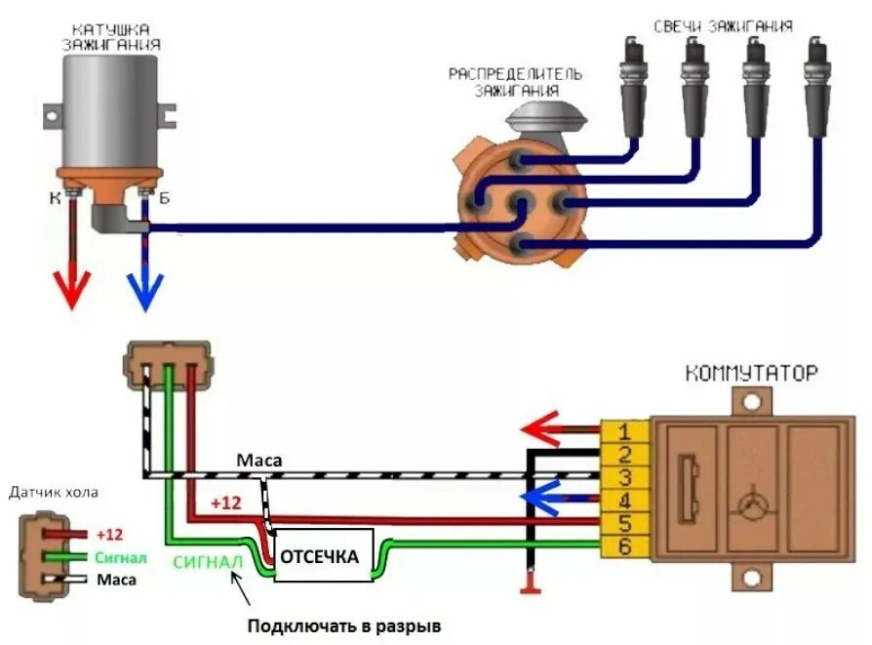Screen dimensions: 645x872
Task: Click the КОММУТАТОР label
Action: click(751, 373)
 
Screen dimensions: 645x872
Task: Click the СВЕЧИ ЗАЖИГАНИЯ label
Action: click(722, 26)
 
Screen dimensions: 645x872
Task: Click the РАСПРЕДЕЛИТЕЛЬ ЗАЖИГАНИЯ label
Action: click(516, 82)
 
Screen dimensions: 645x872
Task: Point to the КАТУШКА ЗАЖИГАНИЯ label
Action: click(112, 37)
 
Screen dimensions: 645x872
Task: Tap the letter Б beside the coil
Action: click(165, 199)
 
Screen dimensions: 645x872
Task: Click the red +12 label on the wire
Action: click(225, 503)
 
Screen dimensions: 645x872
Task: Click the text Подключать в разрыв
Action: click(350, 625)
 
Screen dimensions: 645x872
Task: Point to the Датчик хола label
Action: click(55, 492)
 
